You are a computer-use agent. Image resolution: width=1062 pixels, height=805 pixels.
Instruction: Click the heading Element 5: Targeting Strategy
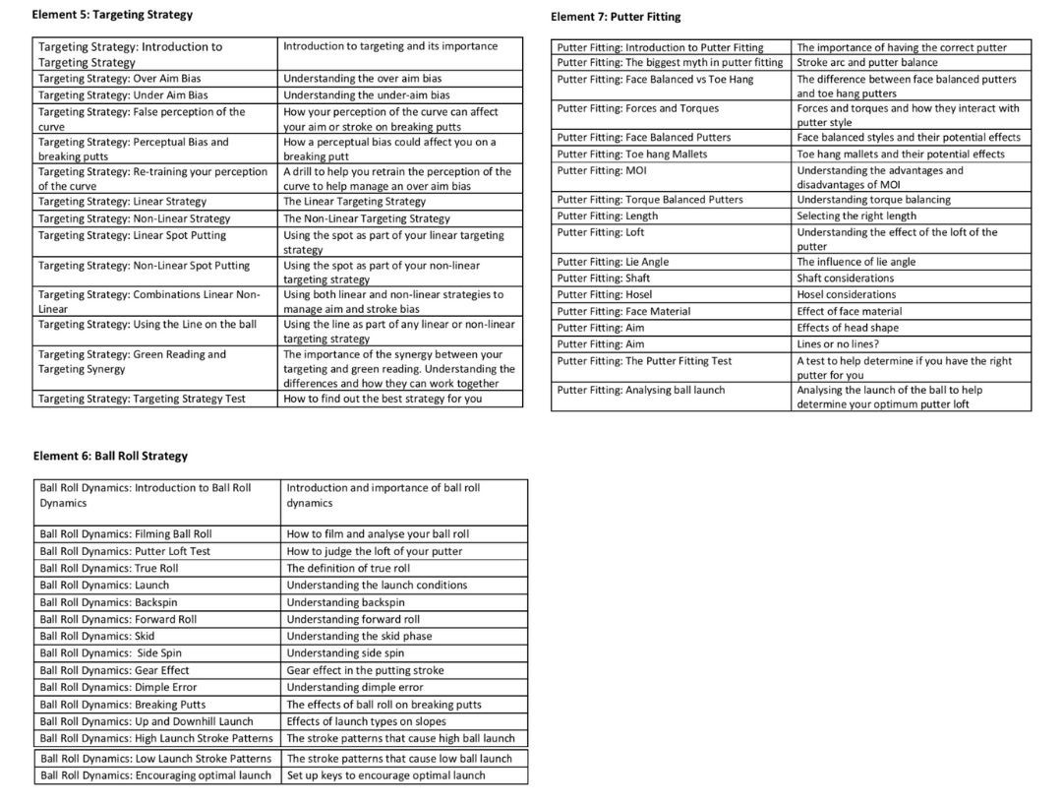(112, 15)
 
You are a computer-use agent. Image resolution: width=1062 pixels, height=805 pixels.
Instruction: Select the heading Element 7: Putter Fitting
(616, 17)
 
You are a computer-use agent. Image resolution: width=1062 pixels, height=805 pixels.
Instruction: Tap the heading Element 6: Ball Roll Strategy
(110, 456)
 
